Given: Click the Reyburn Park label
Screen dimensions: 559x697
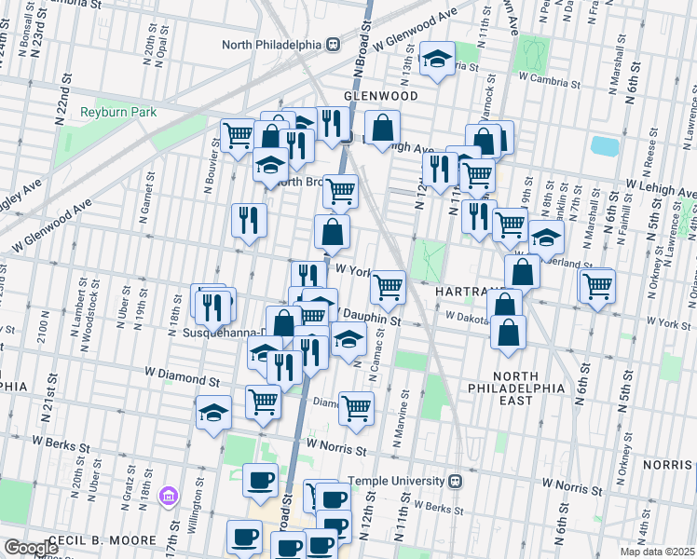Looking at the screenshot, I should pos(118,112).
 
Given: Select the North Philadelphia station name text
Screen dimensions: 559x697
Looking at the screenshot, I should pos(272,44).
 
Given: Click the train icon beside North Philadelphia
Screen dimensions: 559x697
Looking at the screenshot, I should pos(331,44).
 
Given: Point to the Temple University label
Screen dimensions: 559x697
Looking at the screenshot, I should pos(397,482).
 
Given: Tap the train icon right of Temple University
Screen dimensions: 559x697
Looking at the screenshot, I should pos(455,482).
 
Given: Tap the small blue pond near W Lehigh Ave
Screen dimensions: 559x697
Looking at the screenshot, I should pos(605,146).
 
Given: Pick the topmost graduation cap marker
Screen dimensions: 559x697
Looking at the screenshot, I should pos(436,59).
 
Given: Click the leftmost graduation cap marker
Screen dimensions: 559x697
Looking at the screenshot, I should pos(213,412).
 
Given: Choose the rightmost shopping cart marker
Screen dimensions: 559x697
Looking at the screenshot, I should pos(597,285).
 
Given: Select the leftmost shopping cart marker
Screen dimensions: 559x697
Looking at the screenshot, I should pos(238,135).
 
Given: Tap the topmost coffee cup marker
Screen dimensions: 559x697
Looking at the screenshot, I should pos(260,480).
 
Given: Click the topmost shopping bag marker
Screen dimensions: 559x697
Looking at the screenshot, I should pos(382,128).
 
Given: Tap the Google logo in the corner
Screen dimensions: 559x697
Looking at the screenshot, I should pos(31,548).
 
